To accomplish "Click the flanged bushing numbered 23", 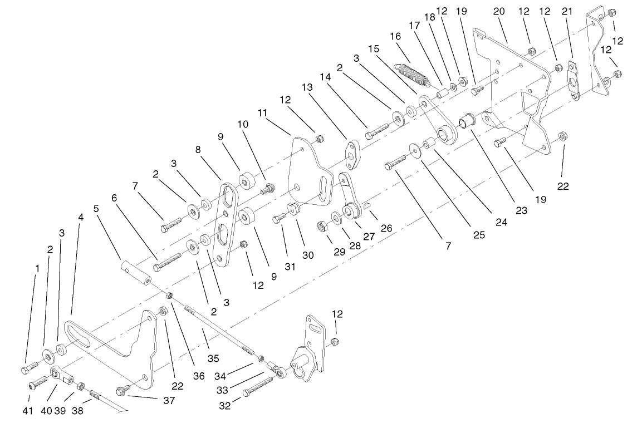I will (465, 120).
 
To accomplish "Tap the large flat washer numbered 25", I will (415, 149).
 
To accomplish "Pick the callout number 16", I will (396, 37).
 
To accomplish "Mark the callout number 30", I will (308, 255).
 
